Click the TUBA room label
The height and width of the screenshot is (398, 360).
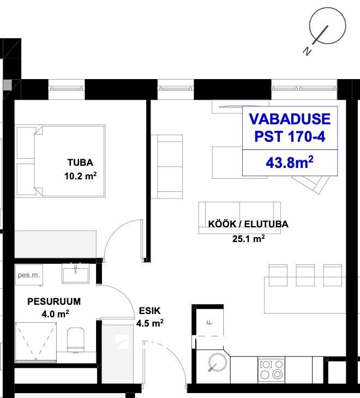80,162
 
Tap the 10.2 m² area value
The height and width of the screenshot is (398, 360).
81,176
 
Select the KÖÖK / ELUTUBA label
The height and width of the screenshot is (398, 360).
248,224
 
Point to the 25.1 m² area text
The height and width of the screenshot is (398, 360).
249,239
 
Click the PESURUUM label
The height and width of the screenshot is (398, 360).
54,301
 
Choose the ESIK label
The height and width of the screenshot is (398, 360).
150,311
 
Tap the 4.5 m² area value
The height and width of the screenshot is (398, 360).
150,323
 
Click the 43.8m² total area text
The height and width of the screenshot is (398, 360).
290,162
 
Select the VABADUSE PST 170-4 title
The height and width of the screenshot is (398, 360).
290,128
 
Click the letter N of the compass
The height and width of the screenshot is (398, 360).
307,51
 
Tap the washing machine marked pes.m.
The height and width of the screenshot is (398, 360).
29,275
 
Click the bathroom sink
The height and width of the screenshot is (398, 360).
75,273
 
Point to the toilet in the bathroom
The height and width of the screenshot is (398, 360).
76,340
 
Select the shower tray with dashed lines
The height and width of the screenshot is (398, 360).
36,342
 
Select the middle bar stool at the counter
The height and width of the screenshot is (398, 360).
305,275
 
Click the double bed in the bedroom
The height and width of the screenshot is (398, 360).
61,161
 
